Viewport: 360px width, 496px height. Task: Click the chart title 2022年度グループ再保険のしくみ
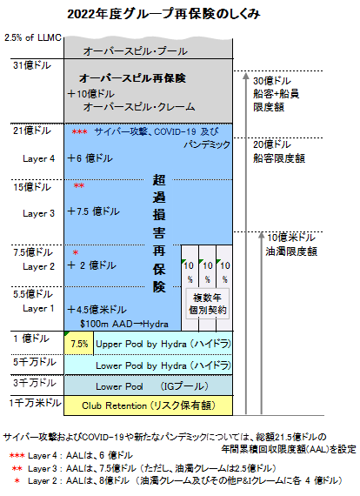(x=163, y=14)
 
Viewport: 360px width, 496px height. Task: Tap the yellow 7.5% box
(x=79, y=344)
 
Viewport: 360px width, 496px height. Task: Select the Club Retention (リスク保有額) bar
(x=148, y=406)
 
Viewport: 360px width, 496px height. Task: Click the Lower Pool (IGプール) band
(x=148, y=385)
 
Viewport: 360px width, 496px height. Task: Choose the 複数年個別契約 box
(x=207, y=304)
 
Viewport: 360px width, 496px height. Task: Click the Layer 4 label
(x=38, y=158)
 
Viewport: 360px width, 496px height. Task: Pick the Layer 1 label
(x=38, y=308)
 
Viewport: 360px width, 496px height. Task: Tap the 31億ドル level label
(x=32, y=65)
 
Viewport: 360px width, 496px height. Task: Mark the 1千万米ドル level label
(x=35, y=403)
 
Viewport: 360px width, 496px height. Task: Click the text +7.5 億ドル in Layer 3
(x=94, y=211)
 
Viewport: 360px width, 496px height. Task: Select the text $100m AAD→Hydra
(x=123, y=324)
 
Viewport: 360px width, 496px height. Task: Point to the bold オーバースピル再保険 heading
(x=132, y=77)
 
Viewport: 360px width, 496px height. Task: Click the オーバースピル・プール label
(x=136, y=51)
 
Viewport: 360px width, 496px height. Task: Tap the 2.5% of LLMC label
(x=33, y=37)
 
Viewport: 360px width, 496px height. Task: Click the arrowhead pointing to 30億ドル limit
(x=246, y=77)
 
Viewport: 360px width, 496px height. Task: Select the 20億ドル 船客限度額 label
(x=279, y=151)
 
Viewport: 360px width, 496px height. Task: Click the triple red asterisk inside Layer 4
(x=79, y=131)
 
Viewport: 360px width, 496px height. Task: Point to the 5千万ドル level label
(x=35, y=362)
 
